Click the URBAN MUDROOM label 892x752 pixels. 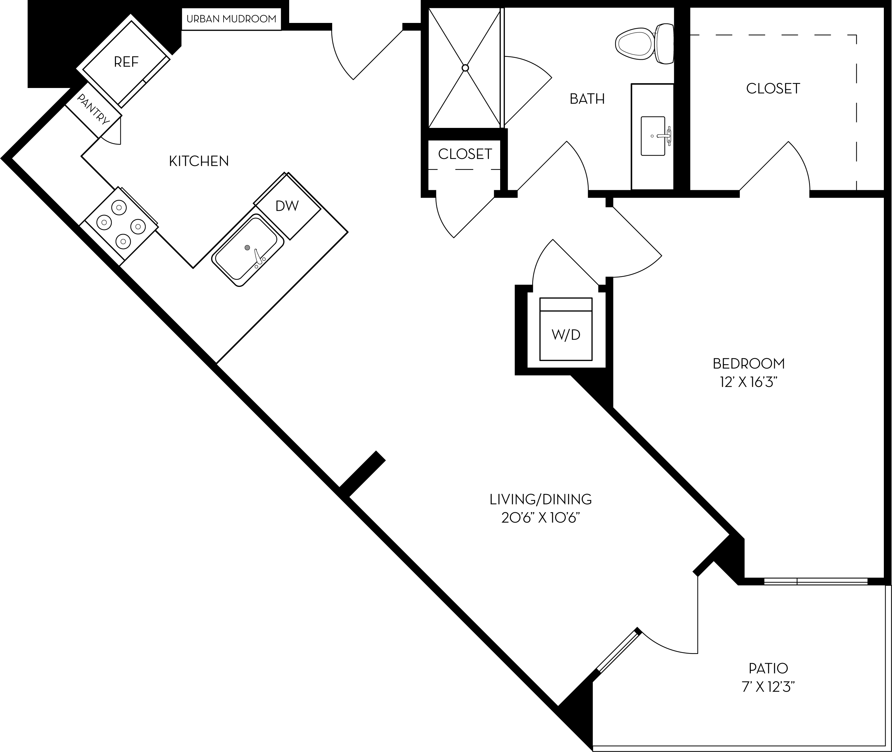coord(231,19)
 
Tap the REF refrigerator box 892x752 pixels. coord(126,62)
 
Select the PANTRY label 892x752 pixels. coord(93,110)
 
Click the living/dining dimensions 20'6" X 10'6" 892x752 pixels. coord(541,518)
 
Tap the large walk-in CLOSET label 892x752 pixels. coord(773,89)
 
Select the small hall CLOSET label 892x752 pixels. coord(465,154)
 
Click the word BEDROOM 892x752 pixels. coord(749,364)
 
